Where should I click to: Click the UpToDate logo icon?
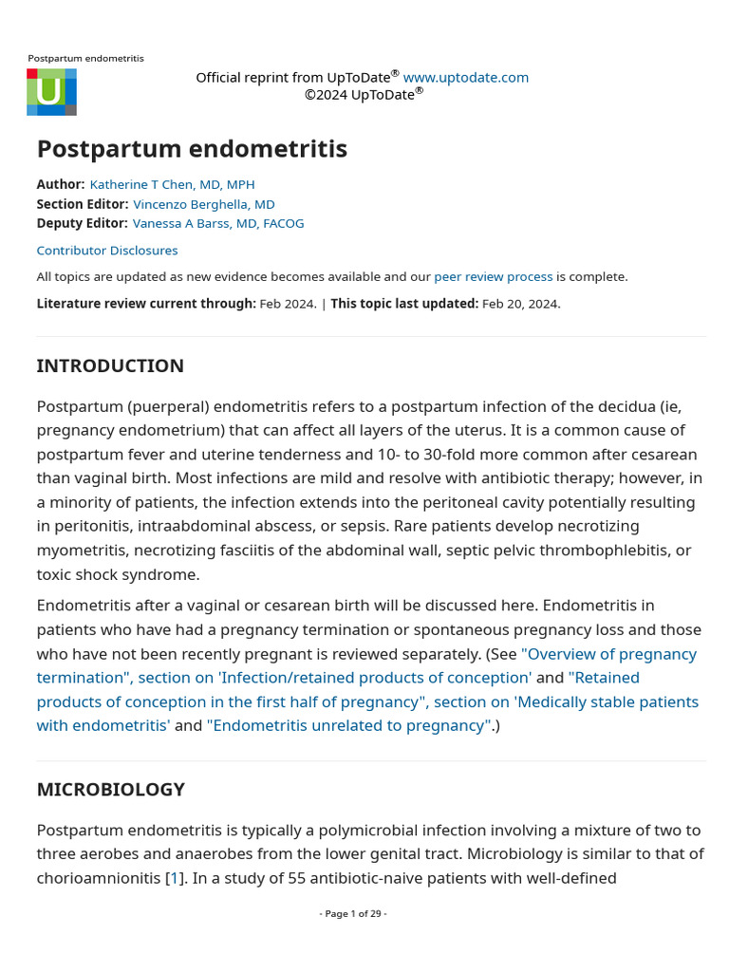51,92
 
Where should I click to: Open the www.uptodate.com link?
465,78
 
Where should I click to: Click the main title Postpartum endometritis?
192,149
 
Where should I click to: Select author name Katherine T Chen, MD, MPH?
172,184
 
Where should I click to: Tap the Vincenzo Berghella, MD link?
203,204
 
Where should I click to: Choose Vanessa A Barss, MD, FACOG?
217,223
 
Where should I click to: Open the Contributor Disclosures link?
106,251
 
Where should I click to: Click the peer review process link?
493,276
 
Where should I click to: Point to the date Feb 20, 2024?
520,304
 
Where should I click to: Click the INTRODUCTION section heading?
110,366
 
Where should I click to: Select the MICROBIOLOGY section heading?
110,790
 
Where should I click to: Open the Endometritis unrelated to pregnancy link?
348,725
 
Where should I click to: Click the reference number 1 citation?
174,878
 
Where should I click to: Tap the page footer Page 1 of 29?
353,913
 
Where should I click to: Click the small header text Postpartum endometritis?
85,59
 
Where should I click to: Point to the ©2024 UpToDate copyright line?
363,94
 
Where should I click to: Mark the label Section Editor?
82,204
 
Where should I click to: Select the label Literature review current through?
146,304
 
